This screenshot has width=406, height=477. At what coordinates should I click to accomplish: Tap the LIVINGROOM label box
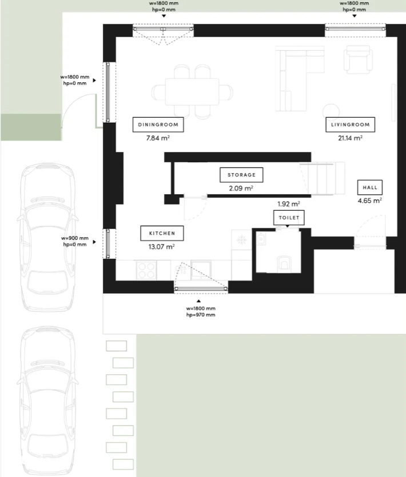click(x=351, y=125)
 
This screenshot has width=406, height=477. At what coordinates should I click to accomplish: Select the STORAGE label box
click(x=241, y=175)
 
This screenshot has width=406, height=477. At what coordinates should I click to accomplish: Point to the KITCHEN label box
click(x=162, y=233)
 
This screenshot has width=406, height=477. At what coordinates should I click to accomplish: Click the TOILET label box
click(x=289, y=218)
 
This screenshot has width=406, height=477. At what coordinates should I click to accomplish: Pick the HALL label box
click(x=370, y=187)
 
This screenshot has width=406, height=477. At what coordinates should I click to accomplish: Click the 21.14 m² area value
click(x=351, y=138)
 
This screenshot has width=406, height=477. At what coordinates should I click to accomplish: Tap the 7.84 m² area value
click(x=158, y=138)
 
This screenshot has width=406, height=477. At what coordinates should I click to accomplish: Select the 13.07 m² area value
click(x=161, y=247)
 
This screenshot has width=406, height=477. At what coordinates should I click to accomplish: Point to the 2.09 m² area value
click(x=241, y=189)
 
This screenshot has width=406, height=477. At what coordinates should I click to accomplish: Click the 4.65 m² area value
click(x=370, y=201)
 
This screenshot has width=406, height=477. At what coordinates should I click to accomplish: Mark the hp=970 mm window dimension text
click(x=201, y=315)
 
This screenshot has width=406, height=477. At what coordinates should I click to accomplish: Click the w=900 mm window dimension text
click(x=75, y=238)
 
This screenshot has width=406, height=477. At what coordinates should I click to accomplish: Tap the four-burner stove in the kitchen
click(x=146, y=270)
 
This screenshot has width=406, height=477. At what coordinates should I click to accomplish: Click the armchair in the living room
click(x=358, y=59)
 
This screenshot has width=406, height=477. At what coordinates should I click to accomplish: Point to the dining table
click(x=192, y=92)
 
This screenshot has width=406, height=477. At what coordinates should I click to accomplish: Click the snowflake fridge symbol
click(x=242, y=240)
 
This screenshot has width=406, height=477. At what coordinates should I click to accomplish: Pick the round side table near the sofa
click(x=331, y=111)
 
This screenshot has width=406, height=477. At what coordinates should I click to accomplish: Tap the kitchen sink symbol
click(x=201, y=270)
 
